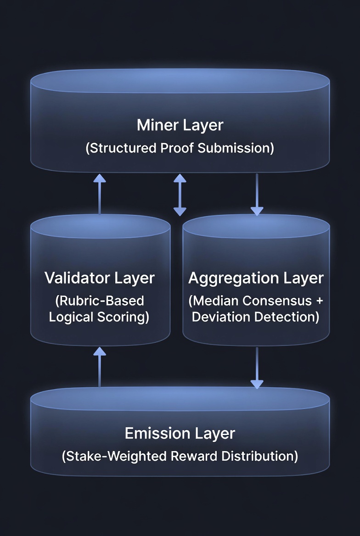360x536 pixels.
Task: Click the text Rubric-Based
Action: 100,301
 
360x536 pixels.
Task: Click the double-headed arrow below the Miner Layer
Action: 180,195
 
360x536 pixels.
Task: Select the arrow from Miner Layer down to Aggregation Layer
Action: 257,195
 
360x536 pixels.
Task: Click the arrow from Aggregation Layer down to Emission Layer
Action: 257,368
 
